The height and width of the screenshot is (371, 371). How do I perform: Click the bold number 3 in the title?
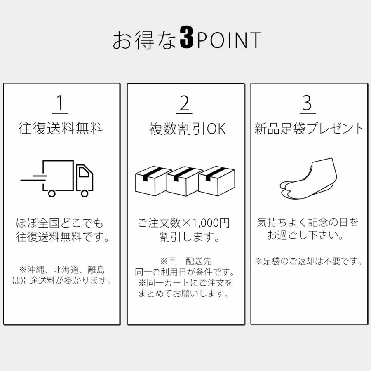click(x=187, y=40)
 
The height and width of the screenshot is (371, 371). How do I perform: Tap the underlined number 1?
click(x=61, y=104)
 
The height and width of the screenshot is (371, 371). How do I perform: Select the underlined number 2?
click(x=184, y=104)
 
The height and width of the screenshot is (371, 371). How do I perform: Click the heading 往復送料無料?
click(x=61, y=129)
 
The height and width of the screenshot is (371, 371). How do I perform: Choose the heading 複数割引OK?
click(x=187, y=129)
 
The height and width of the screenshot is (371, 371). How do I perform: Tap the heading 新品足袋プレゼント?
click(x=309, y=129)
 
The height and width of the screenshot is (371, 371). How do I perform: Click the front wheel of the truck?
click(x=84, y=192)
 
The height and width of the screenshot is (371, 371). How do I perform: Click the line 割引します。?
click(x=189, y=237)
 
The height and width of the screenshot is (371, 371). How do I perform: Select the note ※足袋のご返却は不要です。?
click(x=308, y=261)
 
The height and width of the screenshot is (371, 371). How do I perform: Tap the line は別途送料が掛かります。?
click(x=62, y=281)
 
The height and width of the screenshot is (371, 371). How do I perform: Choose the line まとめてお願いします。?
click(x=184, y=294)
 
